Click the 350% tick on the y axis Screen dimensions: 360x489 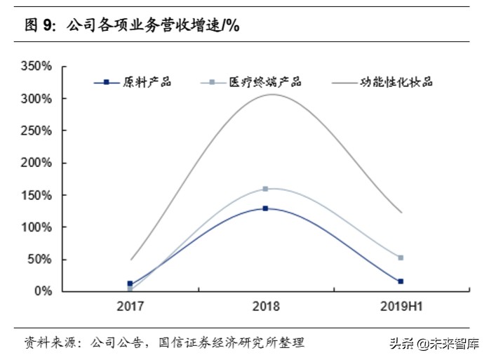36,67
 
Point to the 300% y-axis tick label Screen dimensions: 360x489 36,99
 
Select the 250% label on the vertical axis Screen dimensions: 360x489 36,131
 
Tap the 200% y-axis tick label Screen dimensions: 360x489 36,163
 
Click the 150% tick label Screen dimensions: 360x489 36,195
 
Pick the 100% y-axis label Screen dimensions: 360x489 36,227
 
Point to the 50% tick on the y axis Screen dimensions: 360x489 40,260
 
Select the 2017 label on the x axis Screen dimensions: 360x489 130,307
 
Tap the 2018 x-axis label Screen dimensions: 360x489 265,307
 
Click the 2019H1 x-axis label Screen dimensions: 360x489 401,307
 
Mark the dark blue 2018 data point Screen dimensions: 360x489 265,208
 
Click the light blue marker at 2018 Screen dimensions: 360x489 265,189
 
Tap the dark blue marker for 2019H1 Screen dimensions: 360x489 401,281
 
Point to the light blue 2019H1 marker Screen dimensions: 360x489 401,258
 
